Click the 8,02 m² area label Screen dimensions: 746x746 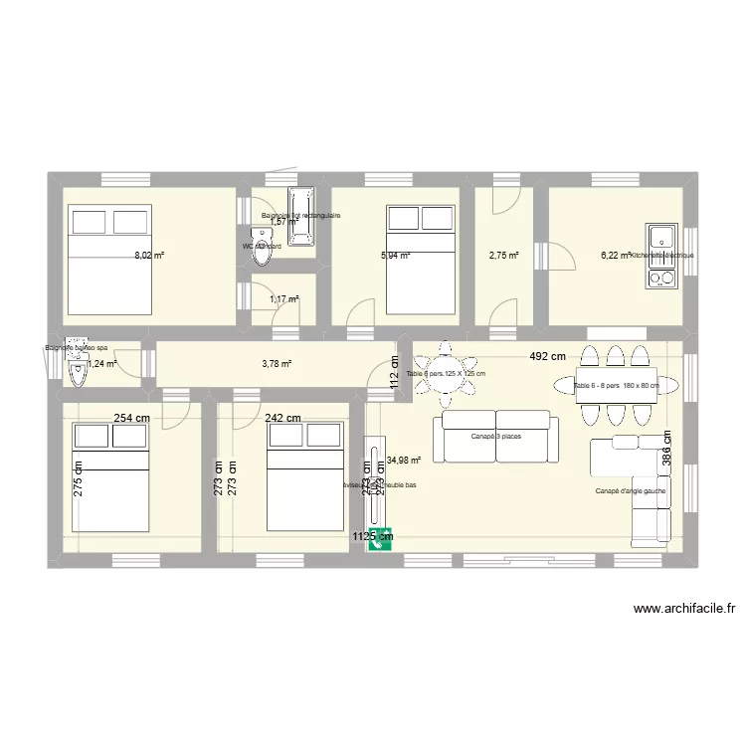pyautogui.click(x=150, y=256)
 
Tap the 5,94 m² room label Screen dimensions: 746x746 pyautogui.click(x=395, y=256)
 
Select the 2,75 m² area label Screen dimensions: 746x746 pyautogui.click(x=503, y=256)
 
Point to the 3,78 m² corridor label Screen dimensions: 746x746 pyautogui.click(x=276, y=363)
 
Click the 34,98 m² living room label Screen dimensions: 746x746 pyautogui.click(x=404, y=461)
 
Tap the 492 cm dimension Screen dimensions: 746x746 pyautogui.click(x=546, y=356)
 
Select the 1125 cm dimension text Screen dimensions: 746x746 pyautogui.click(x=372, y=538)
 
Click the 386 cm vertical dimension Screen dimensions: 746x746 pyautogui.click(x=668, y=448)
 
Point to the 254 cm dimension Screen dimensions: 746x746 pyautogui.click(x=131, y=419)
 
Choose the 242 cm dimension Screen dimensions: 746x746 pyautogui.click(x=282, y=419)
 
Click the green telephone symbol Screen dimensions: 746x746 pyautogui.click(x=382, y=537)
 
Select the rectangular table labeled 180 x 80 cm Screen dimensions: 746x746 pyautogui.click(x=616, y=385)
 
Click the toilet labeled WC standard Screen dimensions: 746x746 pyautogui.click(x=263, y=251)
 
